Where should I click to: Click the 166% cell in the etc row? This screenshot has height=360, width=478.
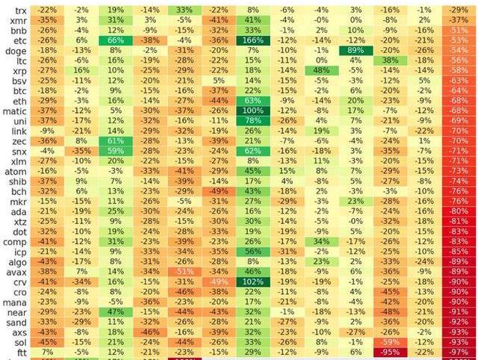[x=252, y=40]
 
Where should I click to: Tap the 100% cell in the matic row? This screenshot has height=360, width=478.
[x=252, y=111]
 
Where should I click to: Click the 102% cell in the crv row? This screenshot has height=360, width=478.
[x=252, y=282]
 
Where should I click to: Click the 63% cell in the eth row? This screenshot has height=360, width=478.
[x=252, y=100]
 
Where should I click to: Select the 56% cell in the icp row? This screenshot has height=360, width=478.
[x=252, y=252]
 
